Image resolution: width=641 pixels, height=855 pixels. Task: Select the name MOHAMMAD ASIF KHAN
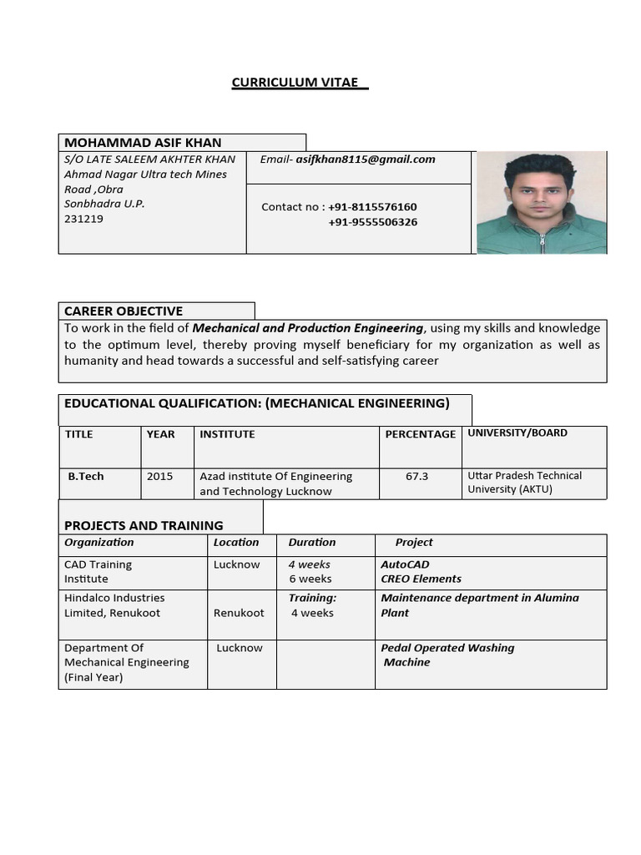pos(143,143)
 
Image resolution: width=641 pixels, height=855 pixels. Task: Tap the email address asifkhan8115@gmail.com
pos(366,159)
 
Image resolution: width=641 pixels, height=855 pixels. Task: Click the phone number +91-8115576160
pos(372,207)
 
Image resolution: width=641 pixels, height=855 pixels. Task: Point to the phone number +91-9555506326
pos(373,222)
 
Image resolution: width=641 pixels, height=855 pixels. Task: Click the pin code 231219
pos(83,219)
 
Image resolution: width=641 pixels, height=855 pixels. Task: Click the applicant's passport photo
pos(541,203)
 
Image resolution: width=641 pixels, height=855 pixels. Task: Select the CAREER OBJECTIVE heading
pos(124,311)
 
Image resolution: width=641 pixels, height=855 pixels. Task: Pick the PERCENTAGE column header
pos(420,434)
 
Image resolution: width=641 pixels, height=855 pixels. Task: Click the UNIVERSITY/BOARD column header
pos(517,433)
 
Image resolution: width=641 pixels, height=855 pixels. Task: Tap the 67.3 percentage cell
pos(416,476)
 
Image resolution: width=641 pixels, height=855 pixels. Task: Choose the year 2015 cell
pos(159,476)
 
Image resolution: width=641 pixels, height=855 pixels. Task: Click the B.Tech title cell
pos(86,476)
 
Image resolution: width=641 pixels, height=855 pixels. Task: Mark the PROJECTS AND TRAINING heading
pos(144,525)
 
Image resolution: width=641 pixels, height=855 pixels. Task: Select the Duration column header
pos(312,543)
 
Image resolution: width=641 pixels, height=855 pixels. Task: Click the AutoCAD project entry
pos(405,564)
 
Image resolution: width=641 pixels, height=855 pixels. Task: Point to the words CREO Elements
pos(421,579)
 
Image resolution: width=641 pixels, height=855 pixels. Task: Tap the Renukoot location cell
pos(239,613)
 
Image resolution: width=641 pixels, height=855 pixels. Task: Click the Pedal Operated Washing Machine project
pos(447,655)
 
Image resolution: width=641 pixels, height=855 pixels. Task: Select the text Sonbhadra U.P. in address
pos(104,204)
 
